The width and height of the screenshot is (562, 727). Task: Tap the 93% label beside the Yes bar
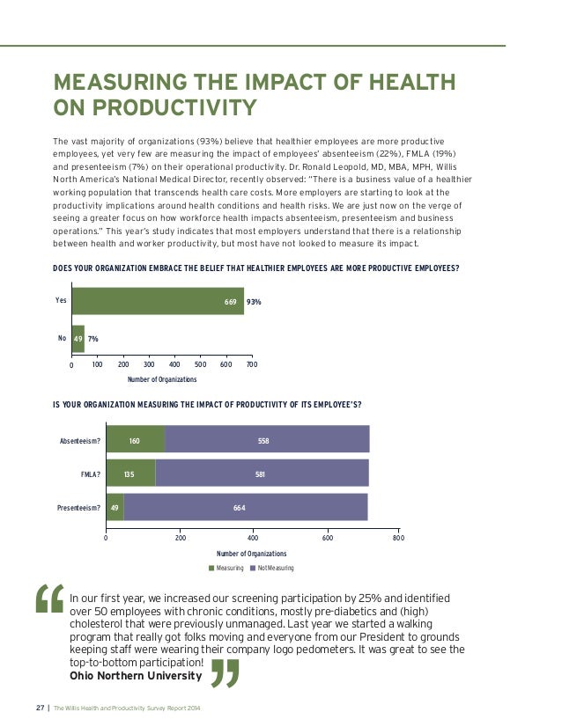click(254, 302)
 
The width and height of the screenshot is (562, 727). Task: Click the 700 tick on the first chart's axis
click(251, 364)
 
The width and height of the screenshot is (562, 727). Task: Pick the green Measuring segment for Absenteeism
click(135, 438)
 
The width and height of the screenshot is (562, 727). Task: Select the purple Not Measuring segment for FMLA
click(262, 473)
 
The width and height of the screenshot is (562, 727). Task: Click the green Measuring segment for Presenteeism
click(115, 507)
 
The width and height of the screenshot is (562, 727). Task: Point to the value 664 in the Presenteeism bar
click(239, 507)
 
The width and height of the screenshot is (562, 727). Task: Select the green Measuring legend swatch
click(211, 568)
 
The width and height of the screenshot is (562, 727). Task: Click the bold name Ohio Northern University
click(135, 676)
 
